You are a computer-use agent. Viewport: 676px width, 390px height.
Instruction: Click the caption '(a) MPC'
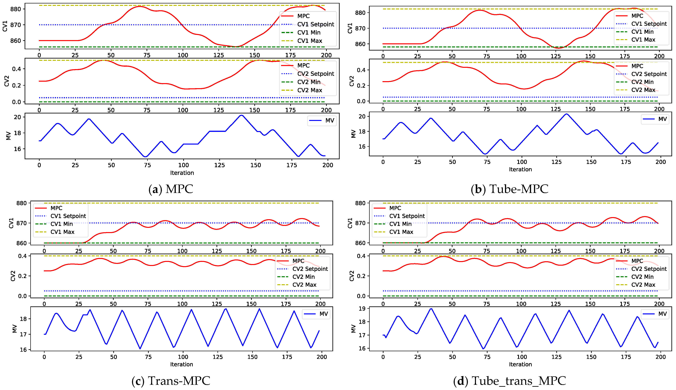(171, 189)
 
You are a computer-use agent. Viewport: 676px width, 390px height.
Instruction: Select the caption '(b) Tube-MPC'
(509, 189)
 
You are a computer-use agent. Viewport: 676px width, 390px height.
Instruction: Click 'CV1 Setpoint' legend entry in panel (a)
(315, 24)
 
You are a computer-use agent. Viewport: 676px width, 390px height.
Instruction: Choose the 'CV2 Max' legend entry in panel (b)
(643, 90)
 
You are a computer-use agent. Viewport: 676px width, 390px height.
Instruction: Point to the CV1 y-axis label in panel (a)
(5, 26)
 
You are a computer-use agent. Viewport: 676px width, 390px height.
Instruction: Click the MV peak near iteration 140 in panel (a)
(241, 115)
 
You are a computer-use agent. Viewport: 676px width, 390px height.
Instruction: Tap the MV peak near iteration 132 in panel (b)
(566, 114)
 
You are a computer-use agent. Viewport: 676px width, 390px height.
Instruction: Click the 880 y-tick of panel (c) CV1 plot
(21, 203)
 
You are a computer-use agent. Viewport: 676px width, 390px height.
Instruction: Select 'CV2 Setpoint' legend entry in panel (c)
(310, 269)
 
